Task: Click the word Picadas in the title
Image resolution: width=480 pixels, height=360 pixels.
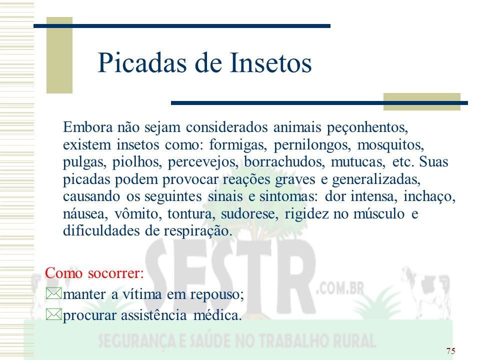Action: [x=142, y=63]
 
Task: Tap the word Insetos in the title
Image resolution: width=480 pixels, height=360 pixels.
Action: [x=270, y=63]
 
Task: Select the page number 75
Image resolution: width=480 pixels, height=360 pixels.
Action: [x=450, y=351]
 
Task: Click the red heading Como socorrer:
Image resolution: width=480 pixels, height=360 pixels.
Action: [x=94, y=273]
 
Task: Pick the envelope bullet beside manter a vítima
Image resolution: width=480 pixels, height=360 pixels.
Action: [x=53, y=293]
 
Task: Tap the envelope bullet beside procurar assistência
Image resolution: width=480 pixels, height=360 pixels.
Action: [x=53, y=314]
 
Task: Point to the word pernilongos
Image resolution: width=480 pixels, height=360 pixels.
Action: [x=312, y=145]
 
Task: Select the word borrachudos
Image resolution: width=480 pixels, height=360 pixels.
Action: [x=284, y=162]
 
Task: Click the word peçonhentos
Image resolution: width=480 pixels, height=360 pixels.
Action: [x=367, y=127]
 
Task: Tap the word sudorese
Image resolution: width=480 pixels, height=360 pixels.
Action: [x=249, y=213]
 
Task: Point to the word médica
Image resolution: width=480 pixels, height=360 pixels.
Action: [x=217, y=315]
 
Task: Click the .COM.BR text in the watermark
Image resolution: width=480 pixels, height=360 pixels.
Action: [x=340, y=288]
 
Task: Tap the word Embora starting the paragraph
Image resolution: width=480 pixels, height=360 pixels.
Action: [x=88, y=127]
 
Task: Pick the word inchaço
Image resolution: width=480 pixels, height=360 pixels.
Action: [x=429, y=196]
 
